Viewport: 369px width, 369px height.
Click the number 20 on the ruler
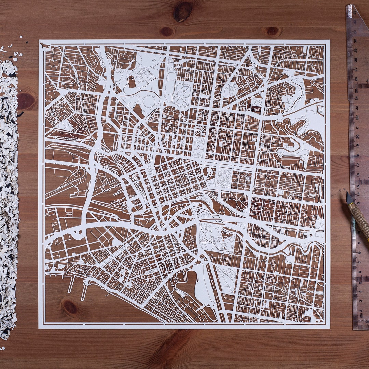click(357, 136)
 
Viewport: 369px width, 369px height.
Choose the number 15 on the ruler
click(358, 183)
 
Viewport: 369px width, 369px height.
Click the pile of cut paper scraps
click(9, 191)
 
